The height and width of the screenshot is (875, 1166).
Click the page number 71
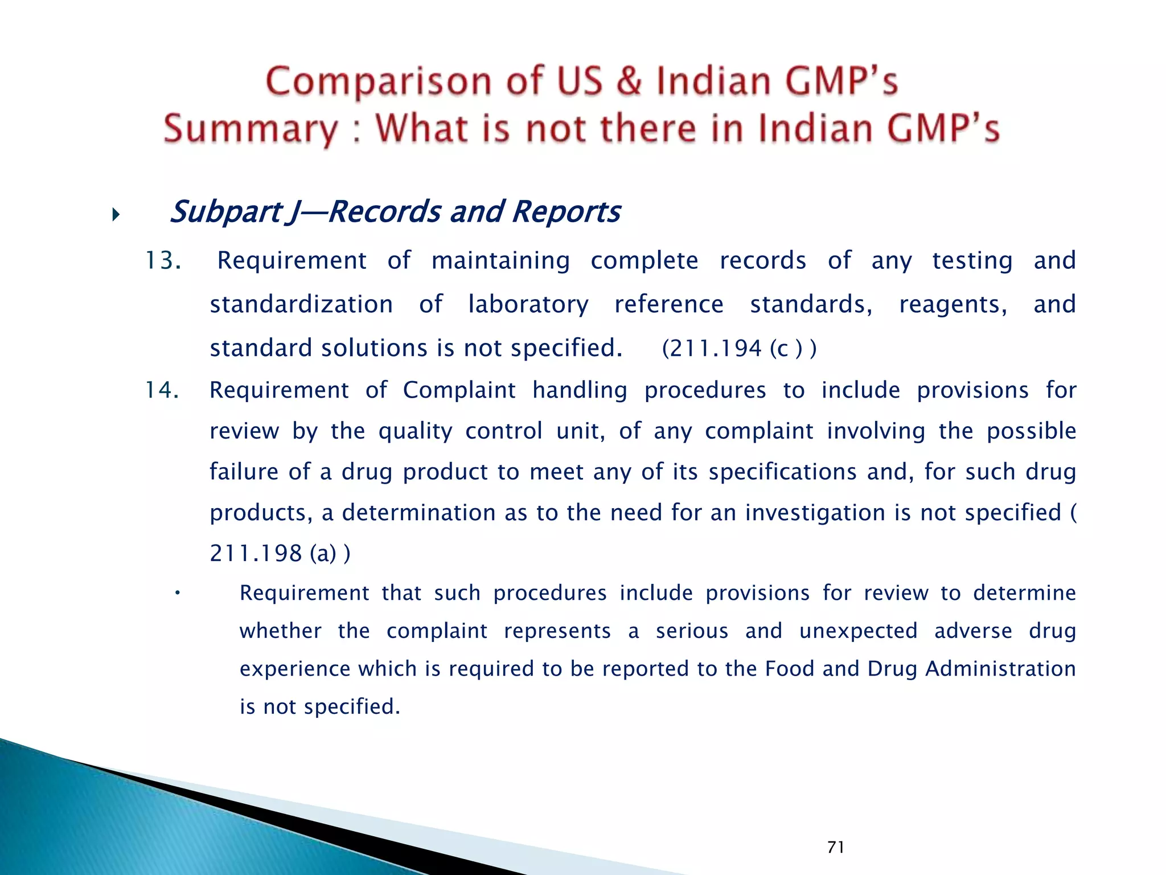(836, 847)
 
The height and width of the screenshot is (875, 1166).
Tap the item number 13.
(163, 261)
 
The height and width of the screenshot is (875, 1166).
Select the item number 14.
(163, 390)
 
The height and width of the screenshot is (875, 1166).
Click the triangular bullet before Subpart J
(116, 215)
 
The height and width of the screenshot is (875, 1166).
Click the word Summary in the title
(251, 129)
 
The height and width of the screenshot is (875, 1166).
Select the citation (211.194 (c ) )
(739, 349)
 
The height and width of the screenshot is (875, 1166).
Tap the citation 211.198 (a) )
(280, 553)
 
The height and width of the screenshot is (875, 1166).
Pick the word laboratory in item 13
(528, 305)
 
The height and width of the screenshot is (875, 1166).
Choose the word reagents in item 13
(953, 305)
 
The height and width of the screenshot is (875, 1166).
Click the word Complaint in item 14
(459, 390)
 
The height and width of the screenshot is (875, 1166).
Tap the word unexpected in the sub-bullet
(858, 631)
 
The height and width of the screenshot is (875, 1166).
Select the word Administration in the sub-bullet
(1000, 669)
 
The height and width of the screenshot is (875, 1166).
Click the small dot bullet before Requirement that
(178, 594)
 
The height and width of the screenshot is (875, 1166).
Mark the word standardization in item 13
(301, 305)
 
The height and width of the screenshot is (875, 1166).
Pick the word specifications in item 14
(782, 472)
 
